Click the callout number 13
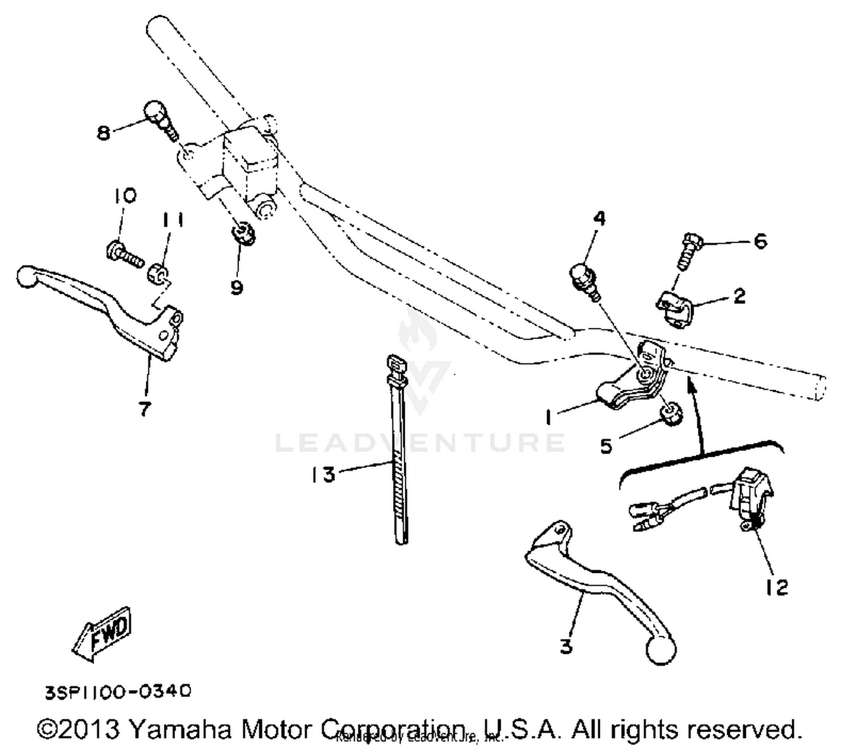click(x=324, y=475)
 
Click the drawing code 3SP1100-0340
click(x=118, y=691)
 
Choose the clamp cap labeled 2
click(x=675, y=308)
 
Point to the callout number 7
click(x=145, y=409)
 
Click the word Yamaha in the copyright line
click(x=180, y=729)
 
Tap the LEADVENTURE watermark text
click(x=419, y=442)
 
